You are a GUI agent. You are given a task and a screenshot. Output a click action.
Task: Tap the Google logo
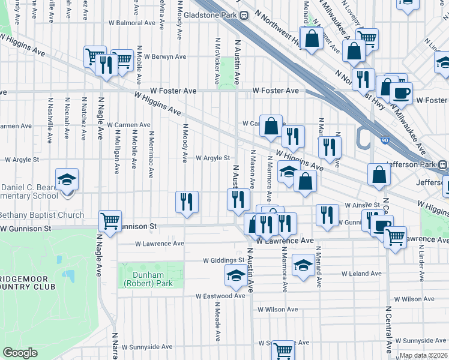click(x=20, y=353)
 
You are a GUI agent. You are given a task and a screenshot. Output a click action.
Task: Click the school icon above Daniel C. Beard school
click(x=67, y=179)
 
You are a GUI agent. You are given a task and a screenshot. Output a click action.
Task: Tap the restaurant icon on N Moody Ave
click(x=187, y=202)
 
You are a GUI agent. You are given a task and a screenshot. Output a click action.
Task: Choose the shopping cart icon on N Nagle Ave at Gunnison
click(x=110, y=221)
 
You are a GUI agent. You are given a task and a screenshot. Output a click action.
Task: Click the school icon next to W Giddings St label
click(x=235, y=275)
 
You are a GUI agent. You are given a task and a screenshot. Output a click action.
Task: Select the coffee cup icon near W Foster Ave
click(x=400, y=92)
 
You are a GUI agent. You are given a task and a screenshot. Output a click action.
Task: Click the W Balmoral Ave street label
click(x=132, y=23)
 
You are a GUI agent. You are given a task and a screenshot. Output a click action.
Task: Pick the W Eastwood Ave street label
click(x=220, y=296)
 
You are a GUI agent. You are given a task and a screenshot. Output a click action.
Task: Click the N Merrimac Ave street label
click(x=152, y=155)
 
